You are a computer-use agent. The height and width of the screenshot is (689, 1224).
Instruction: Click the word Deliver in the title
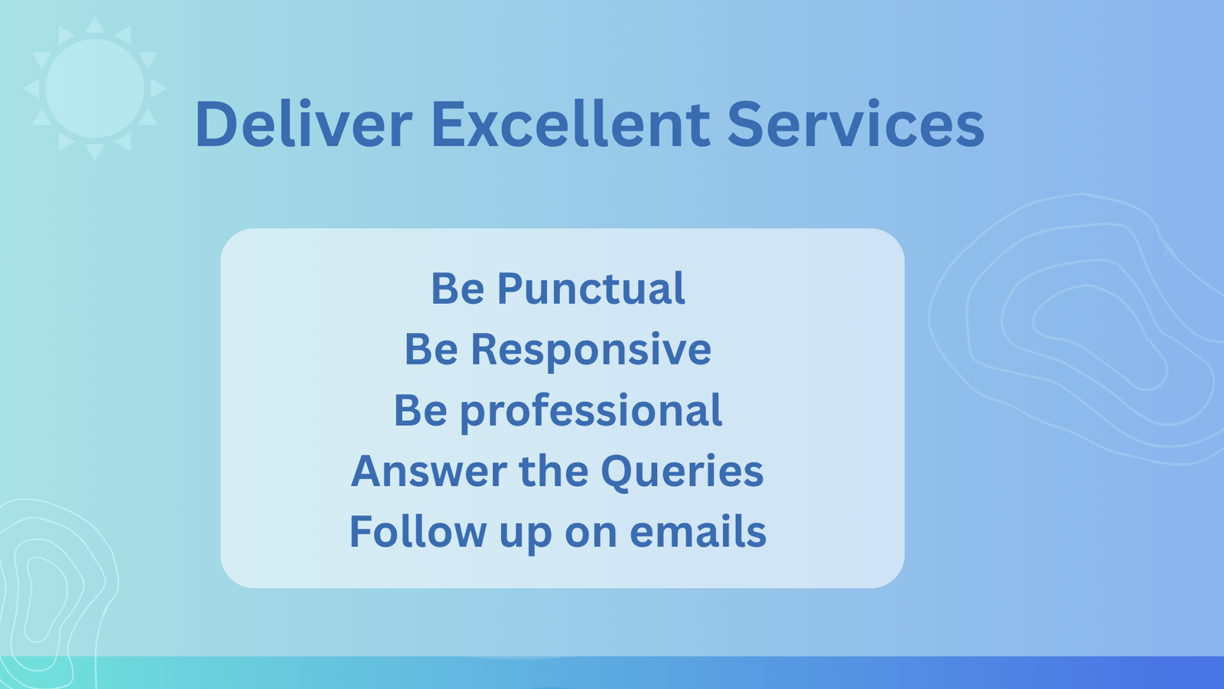coord(303,123)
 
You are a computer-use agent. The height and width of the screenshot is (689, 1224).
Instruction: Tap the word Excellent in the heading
coord(571,123)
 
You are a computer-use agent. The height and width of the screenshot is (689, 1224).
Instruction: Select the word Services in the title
coord(856,123)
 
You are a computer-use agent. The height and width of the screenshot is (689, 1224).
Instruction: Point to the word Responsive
coord(591,350)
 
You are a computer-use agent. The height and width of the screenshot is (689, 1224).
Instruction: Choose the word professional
coord(591,411)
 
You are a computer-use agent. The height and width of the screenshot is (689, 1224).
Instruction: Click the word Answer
coord(429,472)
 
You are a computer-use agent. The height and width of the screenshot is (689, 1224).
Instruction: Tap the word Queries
coord(682,472)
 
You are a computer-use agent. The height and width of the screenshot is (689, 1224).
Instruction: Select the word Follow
coord(418,531)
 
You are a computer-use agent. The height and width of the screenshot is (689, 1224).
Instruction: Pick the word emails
coord(698,531)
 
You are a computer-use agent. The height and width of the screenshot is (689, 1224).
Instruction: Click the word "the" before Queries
coord(554,471)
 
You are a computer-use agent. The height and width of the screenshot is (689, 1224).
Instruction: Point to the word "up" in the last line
coord(525,535)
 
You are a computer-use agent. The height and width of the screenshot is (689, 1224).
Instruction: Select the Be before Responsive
coord(431,349)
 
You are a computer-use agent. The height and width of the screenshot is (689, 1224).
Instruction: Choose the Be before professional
coord(421,410)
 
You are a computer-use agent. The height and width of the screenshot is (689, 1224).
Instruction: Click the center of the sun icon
coord(95,89)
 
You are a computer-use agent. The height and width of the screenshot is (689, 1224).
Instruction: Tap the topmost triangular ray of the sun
coord(95,25)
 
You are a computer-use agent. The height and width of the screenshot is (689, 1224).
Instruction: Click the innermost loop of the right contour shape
coord(1099,338)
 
